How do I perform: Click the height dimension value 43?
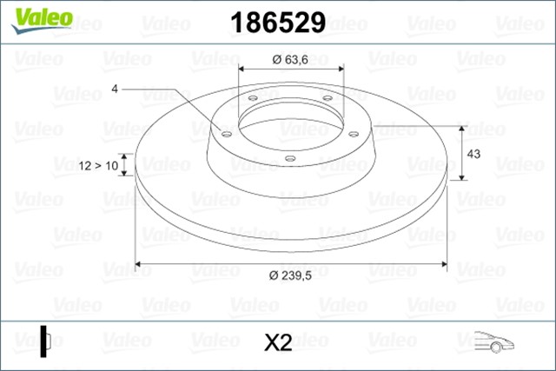475,153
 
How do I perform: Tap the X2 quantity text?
277,343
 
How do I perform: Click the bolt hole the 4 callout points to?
228,134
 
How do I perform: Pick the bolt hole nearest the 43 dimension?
354,133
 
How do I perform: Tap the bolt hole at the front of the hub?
290,158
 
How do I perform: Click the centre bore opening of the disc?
290,121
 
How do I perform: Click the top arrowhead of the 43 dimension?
460,125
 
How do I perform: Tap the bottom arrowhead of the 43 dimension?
460,177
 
